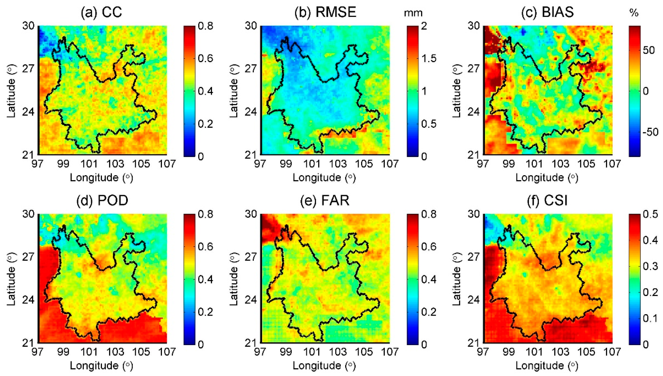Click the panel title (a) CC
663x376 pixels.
(101, 12)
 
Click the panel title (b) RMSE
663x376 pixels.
(325, 12)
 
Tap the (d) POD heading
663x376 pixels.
(102, 200)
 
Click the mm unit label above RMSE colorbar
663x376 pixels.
(413, 13)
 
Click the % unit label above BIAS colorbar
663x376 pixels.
(634, 13)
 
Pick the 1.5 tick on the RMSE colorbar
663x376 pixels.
(429, 59)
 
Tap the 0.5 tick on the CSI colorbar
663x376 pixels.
(650, 214)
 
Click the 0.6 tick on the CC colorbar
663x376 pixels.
(205, 59)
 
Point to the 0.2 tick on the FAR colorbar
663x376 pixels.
(429, 312)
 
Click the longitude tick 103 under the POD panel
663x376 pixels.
(115, 352)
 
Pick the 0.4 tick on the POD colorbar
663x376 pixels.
(205, 279)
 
